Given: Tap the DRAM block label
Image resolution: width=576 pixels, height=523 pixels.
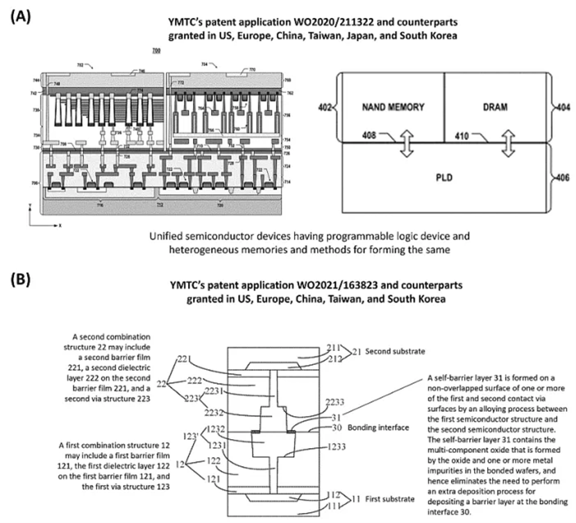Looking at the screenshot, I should [495, 108].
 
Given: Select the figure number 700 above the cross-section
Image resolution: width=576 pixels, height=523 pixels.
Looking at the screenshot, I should [155, 52].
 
